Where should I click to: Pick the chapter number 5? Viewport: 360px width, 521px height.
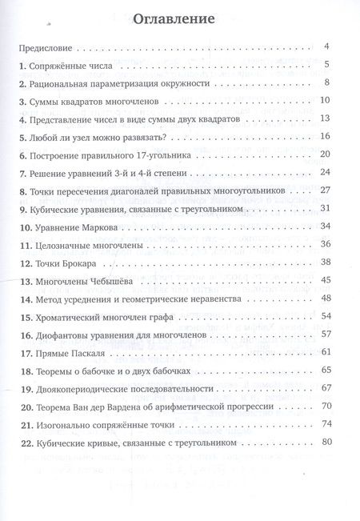[x=23, y=136]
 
